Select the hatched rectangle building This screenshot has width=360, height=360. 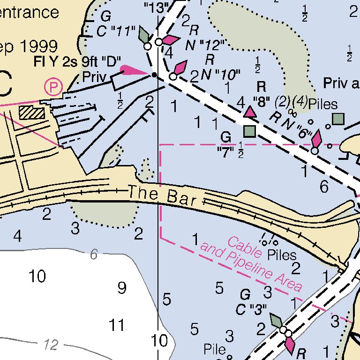coord(32,112)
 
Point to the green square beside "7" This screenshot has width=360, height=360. coord(250,131)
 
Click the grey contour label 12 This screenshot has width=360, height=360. coord(50,345)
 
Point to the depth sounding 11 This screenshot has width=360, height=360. coord(117,324)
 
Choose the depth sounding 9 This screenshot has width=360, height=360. coord(122,288)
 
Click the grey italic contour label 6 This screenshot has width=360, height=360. coord(94,255)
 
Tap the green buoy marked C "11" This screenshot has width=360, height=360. coord(144,35)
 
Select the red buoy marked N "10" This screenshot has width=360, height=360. coord(179,69)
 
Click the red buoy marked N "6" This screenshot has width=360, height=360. coord(317,140)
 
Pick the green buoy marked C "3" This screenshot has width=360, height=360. coord(277,322)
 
